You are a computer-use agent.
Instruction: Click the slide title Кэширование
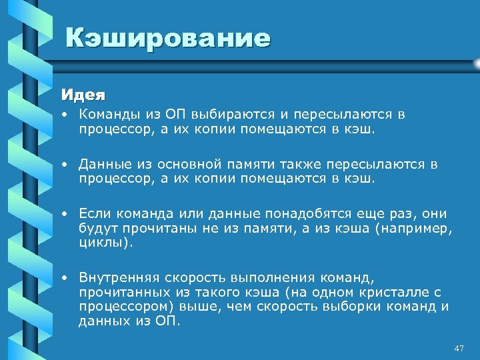pyautogui.click(x=168, y=38)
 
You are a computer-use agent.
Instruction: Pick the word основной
pyautogui.click(x=186, y=164)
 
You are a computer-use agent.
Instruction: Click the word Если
pyautogui.click(x=95, y=214)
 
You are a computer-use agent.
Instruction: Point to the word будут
pyautogui.click(x=96, y=229)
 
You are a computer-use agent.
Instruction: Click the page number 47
pyautogui.click(x=458, y=349)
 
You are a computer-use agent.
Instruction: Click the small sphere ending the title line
pyautogui.click(x=476, y=63)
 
